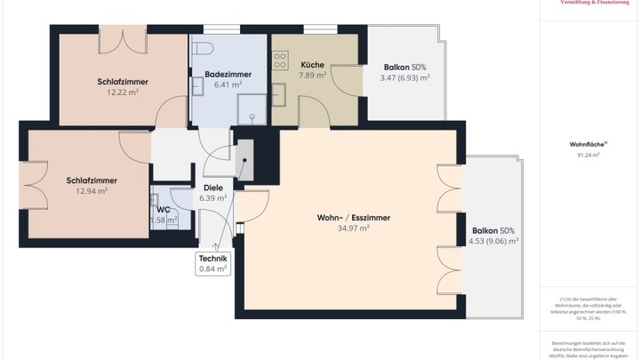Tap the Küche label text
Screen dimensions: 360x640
tap(312, 65)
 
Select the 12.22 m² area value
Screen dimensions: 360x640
tap(123, 92)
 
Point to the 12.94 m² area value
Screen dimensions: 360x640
tap(92, 190)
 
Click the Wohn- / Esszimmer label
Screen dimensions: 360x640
tap(354, 218)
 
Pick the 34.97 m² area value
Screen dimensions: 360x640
tap(354, 228)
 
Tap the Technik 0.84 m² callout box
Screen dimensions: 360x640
tap(212, 263)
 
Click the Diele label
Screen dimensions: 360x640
tap(213, 188)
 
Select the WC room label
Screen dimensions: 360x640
tap(164, 210)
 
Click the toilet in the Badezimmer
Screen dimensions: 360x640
tap(204, 49)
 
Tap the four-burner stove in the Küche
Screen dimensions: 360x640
tap(280, 60)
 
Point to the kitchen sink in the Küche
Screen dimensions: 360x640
tap(278, 92)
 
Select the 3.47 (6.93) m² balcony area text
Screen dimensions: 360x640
tap(404, 78)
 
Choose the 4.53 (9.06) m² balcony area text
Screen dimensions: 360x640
tap(493, 241)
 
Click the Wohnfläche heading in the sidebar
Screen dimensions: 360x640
tap(588, 144)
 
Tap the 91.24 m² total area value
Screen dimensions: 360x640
tap(588, 155)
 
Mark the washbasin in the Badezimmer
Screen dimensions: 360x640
tap(197, 84)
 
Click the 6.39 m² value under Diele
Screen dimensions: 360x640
tap(213, 198)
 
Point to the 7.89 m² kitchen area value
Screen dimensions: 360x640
tap(312, 76)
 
